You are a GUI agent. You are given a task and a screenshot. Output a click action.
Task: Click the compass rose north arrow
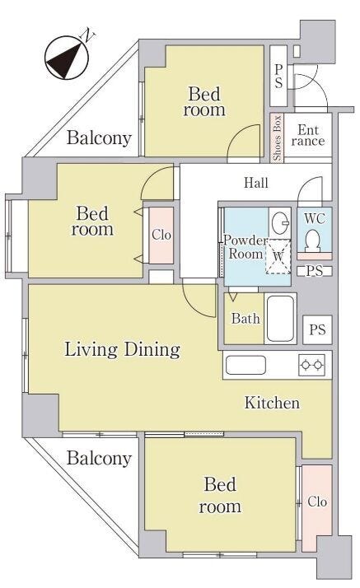coord(67,58)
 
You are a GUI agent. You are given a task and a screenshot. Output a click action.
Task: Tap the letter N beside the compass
coord(88,35)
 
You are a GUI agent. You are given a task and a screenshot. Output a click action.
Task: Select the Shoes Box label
coord(277,138)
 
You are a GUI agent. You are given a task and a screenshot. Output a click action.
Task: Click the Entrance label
coord(308,135)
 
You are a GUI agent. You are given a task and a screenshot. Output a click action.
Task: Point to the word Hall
coord(256,183)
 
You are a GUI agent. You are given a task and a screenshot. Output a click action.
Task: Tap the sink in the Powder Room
coord(280,222)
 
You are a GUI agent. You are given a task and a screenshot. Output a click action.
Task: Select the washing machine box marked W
coord(278,256)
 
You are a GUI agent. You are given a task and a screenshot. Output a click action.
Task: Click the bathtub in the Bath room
coord(280,319)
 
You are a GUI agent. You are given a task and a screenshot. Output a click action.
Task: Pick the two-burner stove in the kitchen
coord(311,364)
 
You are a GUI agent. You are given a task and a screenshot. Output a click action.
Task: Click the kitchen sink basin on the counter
coord(246,365)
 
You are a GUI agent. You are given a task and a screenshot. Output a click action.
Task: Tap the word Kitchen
coord(272,403)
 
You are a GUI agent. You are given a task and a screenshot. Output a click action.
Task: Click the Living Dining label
coord(122,349)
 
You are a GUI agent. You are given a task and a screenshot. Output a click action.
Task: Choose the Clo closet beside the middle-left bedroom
coord(161,236)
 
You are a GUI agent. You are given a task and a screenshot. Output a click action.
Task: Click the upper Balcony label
coord(99,138)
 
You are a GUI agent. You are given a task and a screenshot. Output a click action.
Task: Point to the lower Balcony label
coord(99,459)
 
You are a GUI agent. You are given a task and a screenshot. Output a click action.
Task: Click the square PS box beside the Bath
coord(317,330)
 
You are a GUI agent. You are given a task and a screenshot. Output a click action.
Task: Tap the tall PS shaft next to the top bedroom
coord(278,76)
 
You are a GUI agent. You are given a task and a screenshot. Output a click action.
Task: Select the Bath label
coord(245,319)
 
